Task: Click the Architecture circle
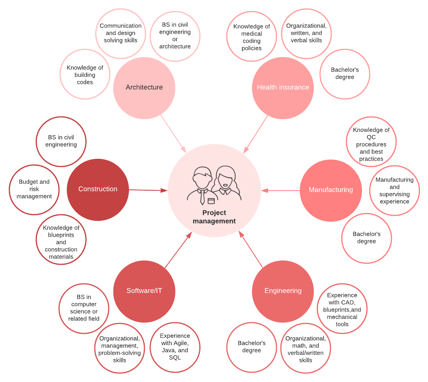(144, 88)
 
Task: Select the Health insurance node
(283, 88)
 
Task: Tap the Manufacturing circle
(331, 190)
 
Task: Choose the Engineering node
(283, 291)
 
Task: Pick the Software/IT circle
(144, 291)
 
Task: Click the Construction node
(98, 189)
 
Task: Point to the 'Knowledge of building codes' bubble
(85, 74)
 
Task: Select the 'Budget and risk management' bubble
(34, 189)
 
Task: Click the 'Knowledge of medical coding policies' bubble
(252, 37)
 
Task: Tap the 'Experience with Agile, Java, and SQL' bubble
(175, 347)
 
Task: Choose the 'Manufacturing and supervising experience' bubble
(394, 191)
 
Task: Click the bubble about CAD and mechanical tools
(342, 309)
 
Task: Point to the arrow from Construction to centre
(148, 190)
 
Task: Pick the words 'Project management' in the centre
(214, 217)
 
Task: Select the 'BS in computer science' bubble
(84, 308)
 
